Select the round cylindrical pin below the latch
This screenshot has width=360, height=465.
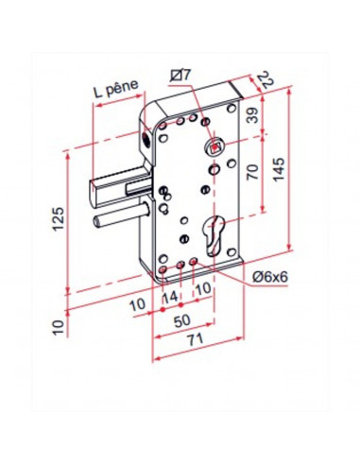point(118,220)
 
